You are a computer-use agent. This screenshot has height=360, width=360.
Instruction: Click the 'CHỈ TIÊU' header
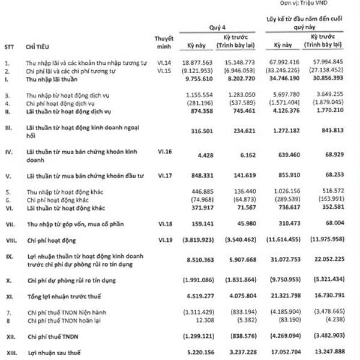(x=38, y=46)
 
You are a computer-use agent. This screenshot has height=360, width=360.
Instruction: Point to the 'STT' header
(x=10, y=46)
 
